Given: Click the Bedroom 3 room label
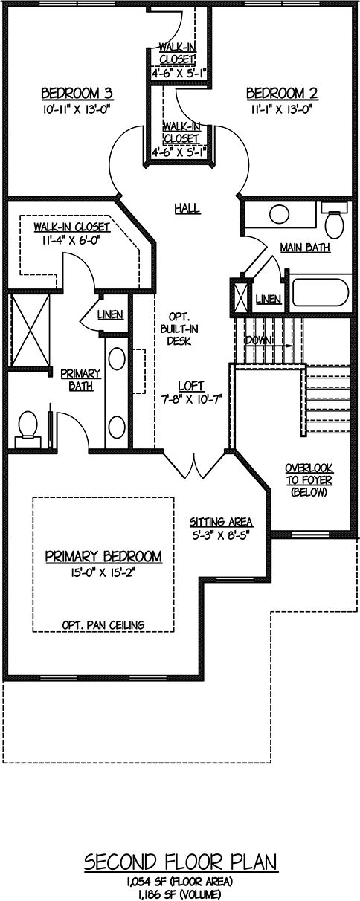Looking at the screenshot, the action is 77,94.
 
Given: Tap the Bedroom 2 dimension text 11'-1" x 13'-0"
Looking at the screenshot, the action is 282,109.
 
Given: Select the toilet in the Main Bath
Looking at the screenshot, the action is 334,220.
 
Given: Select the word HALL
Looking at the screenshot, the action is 187,208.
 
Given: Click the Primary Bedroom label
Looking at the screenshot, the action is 103,556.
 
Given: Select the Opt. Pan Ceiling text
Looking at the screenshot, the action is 103,624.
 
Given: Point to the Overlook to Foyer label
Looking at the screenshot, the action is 309,479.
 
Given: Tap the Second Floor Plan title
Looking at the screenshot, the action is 181,860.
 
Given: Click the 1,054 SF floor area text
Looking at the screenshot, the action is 180,881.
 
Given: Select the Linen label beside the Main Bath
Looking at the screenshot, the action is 269,299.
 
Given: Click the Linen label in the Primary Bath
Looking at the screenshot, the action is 110,314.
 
